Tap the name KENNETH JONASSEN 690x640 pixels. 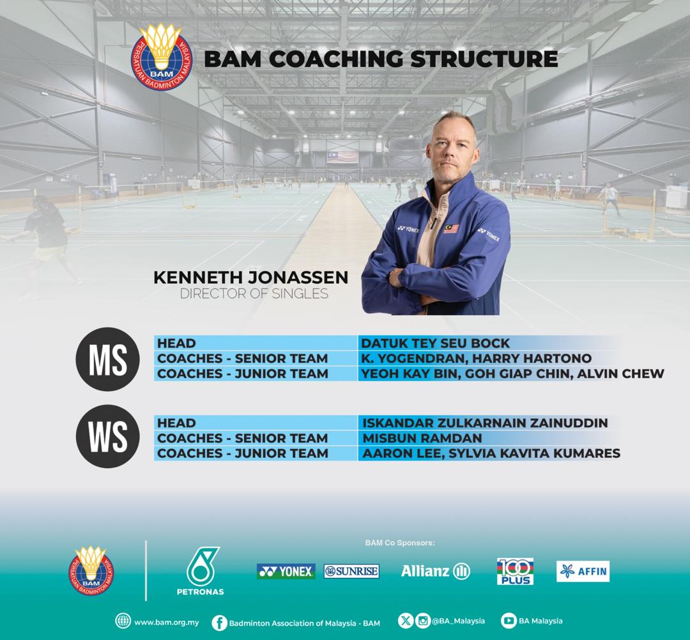251,278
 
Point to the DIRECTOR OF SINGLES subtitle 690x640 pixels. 254,294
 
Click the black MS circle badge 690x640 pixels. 107,359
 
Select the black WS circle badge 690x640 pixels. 107,438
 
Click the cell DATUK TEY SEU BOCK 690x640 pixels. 436,343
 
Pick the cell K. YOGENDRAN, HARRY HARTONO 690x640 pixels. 476,359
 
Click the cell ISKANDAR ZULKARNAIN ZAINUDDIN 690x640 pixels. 485,423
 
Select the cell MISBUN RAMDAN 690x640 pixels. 422,439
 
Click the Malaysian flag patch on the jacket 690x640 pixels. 451,228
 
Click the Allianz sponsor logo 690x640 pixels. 435,571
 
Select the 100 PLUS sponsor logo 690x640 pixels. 515,571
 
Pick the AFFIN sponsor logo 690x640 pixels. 583,571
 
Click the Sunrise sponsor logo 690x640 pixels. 351,571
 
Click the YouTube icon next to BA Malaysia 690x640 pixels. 509,621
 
